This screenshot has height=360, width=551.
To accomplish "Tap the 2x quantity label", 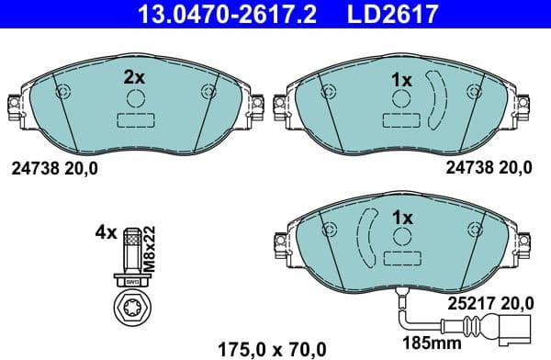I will tap(135, 78).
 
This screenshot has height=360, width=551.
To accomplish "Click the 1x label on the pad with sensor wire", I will tap(402, 219).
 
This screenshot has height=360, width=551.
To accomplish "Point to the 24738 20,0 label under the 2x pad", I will tap(54, 168).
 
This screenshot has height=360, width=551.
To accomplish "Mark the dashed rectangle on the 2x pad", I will tap(134, 119).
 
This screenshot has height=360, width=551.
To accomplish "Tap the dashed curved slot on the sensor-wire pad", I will tap(365, 237).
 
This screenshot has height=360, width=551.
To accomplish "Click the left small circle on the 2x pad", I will tap(62, 91).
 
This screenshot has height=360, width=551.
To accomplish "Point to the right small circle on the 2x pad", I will tap(208, 91).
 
